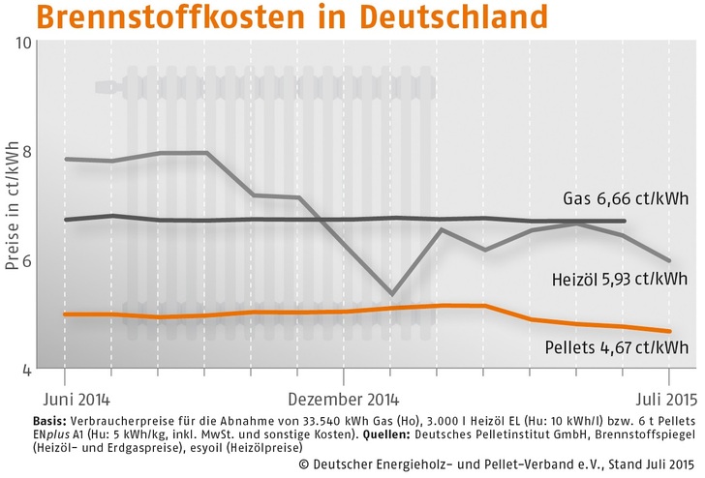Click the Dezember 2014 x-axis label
tap(345, 398)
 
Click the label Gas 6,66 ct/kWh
tap(625, 199)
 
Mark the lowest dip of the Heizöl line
tap(391, 293)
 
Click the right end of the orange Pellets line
tap(668, 332)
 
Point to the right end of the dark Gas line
tap(625, 221)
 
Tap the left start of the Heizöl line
tap(65, 159)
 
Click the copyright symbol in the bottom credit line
tap(305, 465)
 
